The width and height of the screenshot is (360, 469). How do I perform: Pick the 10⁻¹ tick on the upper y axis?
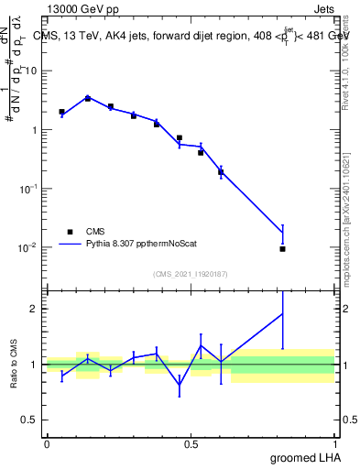point(29,188)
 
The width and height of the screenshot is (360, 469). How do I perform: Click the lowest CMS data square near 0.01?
point(283,249)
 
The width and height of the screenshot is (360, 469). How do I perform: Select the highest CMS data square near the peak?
point(88,98)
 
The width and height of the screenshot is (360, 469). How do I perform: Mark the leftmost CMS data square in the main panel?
point(61,112)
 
